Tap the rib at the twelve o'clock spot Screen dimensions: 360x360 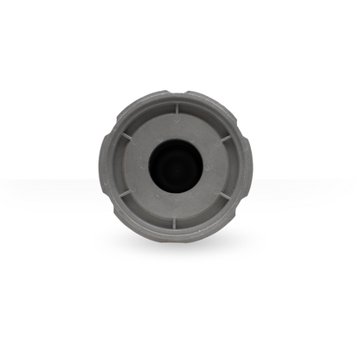176,109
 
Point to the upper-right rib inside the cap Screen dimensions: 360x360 223,136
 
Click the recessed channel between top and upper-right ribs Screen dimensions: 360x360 203,117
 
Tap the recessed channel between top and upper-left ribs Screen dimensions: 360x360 149,117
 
